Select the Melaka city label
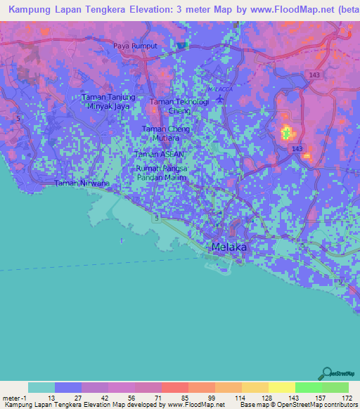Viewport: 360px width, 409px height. pyautogui.click(x=230, y=247)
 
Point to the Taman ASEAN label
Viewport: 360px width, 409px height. pyautogui.click(x=160, y=154)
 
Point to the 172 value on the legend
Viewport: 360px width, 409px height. pyautogui.click(x=347, y=398)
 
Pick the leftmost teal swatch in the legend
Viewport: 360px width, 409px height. pyautogui.click(x=41, y=387)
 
